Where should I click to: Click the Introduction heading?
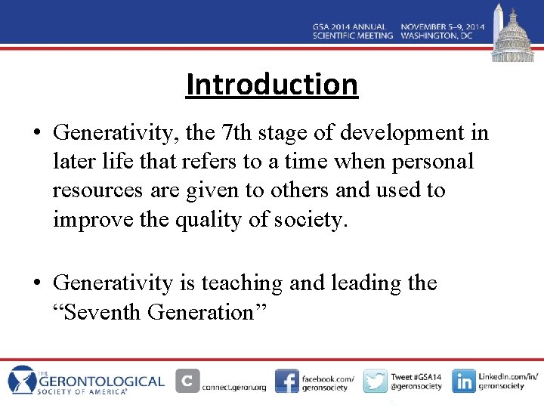coord(272,84)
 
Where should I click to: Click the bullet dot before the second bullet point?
coord(38,283)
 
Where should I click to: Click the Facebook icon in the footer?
coord(286,381)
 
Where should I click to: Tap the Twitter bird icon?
coord(375,381)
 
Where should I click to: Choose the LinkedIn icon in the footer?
coord(463,381)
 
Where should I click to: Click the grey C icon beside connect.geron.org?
coord(187,381)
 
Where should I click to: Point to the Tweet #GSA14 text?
coord(416,376)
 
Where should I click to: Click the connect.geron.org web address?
coord(234,387)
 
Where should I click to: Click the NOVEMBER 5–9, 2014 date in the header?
coord(442,26)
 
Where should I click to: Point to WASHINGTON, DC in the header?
coord(436,36)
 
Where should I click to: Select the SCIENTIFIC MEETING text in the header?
coord(352,36)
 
